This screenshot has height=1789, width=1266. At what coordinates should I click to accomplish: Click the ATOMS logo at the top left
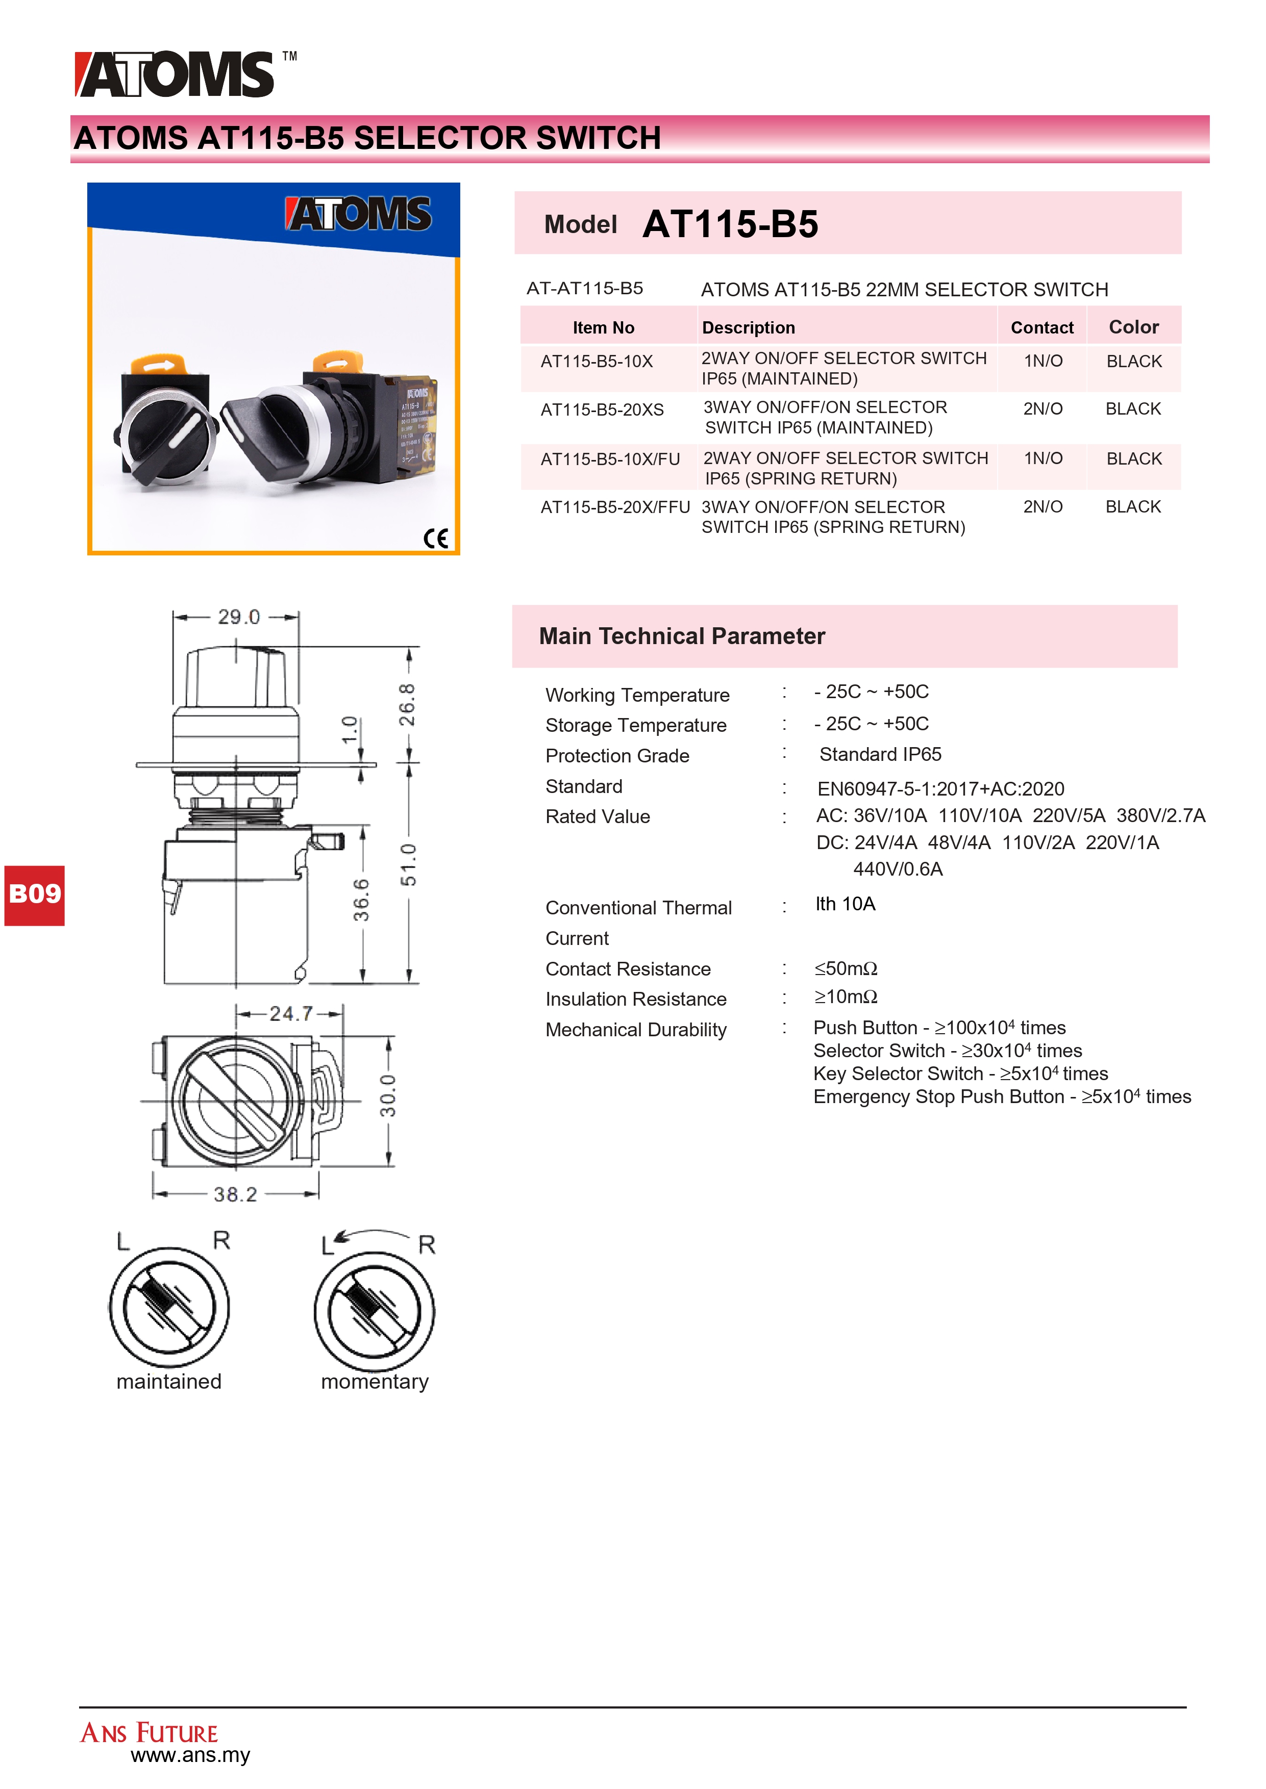(176, 75)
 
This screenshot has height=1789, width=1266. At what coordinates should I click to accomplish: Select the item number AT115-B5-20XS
(602, 410)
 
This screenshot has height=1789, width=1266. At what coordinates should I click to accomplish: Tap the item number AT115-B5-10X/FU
(610, 459)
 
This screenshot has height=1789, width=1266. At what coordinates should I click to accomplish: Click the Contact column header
(1041, 327)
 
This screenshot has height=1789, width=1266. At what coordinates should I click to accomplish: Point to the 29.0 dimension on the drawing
(238, 617)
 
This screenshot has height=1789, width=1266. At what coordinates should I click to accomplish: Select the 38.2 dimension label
(235, 1194)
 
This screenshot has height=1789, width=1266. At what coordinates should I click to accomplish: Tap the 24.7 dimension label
(291, 1014)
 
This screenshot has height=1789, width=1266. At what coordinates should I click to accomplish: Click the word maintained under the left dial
(169, 1382)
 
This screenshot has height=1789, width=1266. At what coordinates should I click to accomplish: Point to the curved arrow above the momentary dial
(374, 1235)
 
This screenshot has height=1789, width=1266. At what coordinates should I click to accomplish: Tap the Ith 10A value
(845, 904)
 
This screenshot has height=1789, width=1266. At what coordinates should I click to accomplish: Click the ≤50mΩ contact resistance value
(846, 968)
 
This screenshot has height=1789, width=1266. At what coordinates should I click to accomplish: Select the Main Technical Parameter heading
(681, 636)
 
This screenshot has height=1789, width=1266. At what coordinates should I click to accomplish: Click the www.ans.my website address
(190, 1755)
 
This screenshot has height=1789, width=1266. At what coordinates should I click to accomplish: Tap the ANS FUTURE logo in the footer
(149, 1733)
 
